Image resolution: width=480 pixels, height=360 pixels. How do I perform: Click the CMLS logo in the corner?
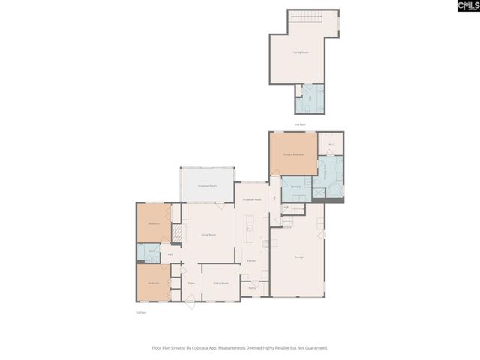coord(460,7)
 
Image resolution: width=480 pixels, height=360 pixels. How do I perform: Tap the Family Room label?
coord(301,52)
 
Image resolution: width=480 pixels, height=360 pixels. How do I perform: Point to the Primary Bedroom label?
coord(292,154)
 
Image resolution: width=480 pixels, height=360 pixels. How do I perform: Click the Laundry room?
coord(296,187)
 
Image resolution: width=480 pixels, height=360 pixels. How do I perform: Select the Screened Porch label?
coord(208,185)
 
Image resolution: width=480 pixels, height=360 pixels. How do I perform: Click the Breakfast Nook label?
coord(251,199)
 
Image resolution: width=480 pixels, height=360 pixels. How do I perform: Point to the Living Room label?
coord(208,235)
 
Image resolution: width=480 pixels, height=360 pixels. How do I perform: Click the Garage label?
coord(298,257)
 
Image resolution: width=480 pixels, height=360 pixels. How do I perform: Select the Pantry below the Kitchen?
coord(253,286)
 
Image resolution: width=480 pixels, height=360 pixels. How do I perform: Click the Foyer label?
coord(192,283)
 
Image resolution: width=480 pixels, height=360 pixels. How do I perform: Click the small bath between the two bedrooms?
coord(151,253)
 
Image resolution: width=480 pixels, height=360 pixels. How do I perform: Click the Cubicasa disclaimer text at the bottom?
coord(240,347)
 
